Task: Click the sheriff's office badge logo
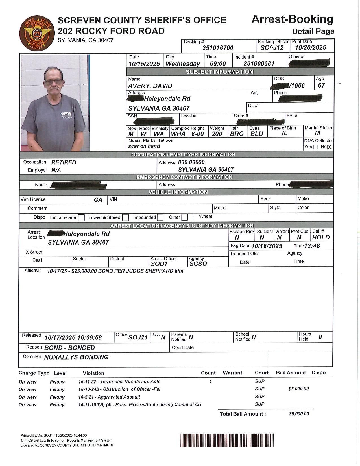point(36,34)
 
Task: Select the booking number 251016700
point(218,48)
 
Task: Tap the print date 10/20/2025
point(311,48)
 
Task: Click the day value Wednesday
point(183,64)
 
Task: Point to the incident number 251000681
point(259,64)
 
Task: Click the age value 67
point(321,86)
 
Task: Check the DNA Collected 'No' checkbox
point(330,147)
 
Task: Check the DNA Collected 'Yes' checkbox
point(315,147)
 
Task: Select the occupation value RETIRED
point(64,162)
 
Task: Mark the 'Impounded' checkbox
point(160,217)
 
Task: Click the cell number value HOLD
point(321,238)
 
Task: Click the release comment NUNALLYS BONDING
point(77,357)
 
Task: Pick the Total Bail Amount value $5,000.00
point(299,414)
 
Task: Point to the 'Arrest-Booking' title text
point(292,19)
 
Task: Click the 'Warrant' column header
point(232,373)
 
